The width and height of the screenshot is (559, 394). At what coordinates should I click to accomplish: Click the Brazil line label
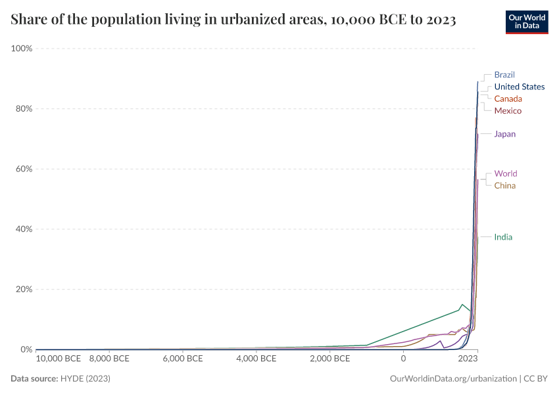click(x=504, y=75)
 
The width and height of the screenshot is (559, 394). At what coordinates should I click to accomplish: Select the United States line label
click(x=519, y=87)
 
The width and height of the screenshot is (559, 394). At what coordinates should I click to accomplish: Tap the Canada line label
click(x=508, y=98)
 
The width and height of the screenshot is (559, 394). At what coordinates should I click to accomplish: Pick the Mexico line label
click(x=508, y=110)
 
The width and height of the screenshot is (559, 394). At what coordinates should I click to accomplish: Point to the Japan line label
click(x=504, y=134)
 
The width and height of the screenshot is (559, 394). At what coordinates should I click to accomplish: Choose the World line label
click(x=505, y=173)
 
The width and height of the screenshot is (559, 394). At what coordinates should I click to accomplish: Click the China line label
click(x=504, y=185)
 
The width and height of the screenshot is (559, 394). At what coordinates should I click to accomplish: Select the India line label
click(x=503, y=237)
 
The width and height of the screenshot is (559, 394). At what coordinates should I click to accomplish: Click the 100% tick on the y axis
click(x=22, y=49)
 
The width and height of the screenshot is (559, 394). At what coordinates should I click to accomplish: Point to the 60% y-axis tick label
click(x=24, y=169)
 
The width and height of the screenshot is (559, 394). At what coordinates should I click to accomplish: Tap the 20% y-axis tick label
click(x=24, y=289)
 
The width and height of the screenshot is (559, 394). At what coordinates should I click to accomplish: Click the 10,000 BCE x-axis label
click(x=59, y=359)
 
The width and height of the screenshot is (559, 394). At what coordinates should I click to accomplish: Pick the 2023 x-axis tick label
click(x=467, y=359)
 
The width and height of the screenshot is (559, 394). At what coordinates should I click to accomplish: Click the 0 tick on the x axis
click(x=403, y=359)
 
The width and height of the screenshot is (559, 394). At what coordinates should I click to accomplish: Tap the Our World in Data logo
click(x=526, y=22)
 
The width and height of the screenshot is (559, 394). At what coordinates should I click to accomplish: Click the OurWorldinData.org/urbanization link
click(x=452, y=379)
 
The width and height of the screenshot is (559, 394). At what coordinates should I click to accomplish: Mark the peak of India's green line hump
click(x=462, y=304)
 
